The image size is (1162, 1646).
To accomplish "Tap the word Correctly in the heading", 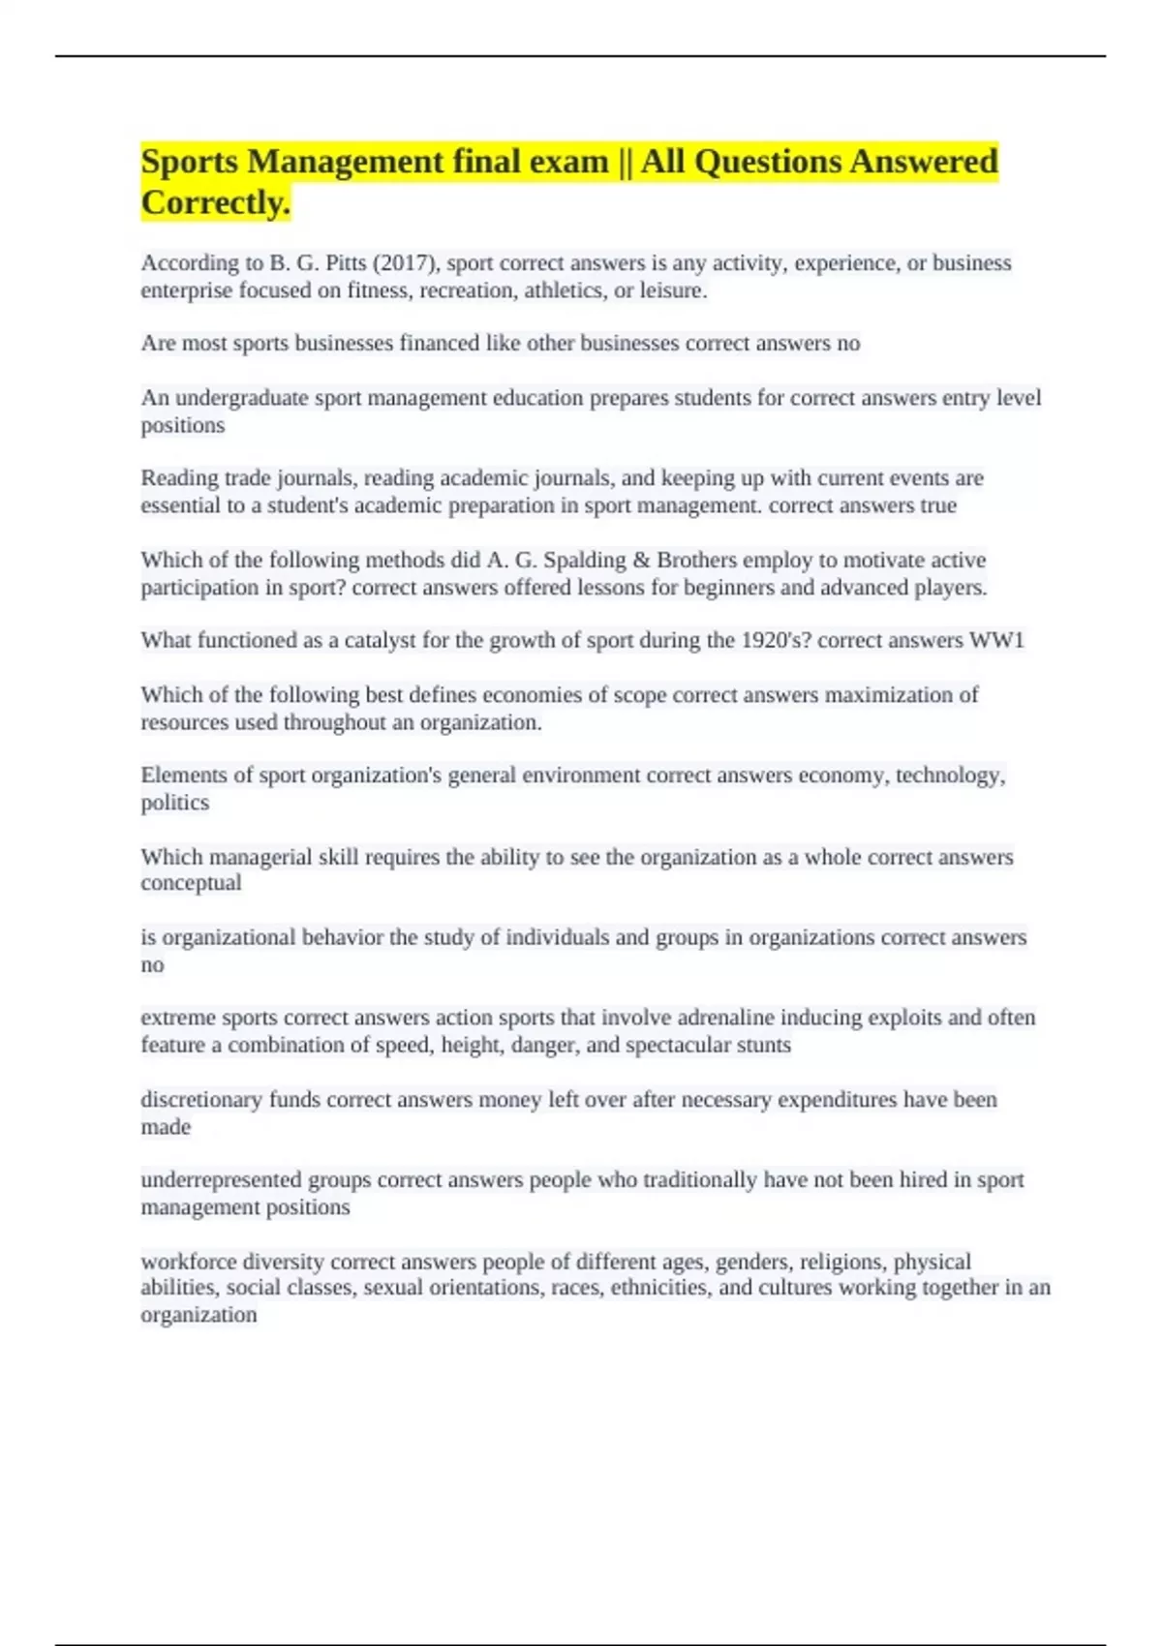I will (215, 202).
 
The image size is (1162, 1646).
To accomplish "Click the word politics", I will (174, 803).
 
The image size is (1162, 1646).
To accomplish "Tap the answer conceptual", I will (191, 883).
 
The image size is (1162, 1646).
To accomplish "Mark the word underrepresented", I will (221, 1180).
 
